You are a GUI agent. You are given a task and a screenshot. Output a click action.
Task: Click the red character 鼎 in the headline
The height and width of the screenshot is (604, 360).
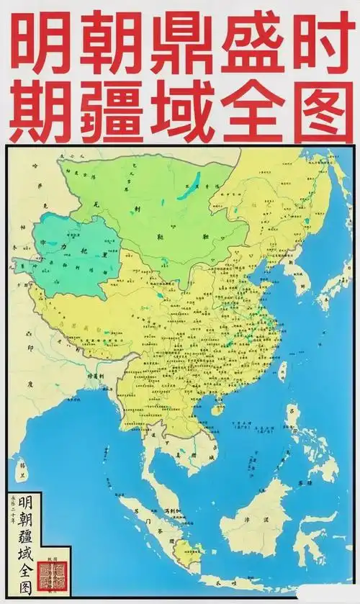pyautogui.click(x=180, y=45)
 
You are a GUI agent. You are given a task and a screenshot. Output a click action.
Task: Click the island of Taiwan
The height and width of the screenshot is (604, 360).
pyautogui.click(x=282, y=371)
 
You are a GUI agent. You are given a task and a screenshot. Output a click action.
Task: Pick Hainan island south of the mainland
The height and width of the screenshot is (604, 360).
pyautogui.click(x=216, y=410)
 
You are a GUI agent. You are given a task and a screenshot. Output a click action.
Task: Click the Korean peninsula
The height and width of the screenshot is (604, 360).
pyautogui.click(x=294, y=274)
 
